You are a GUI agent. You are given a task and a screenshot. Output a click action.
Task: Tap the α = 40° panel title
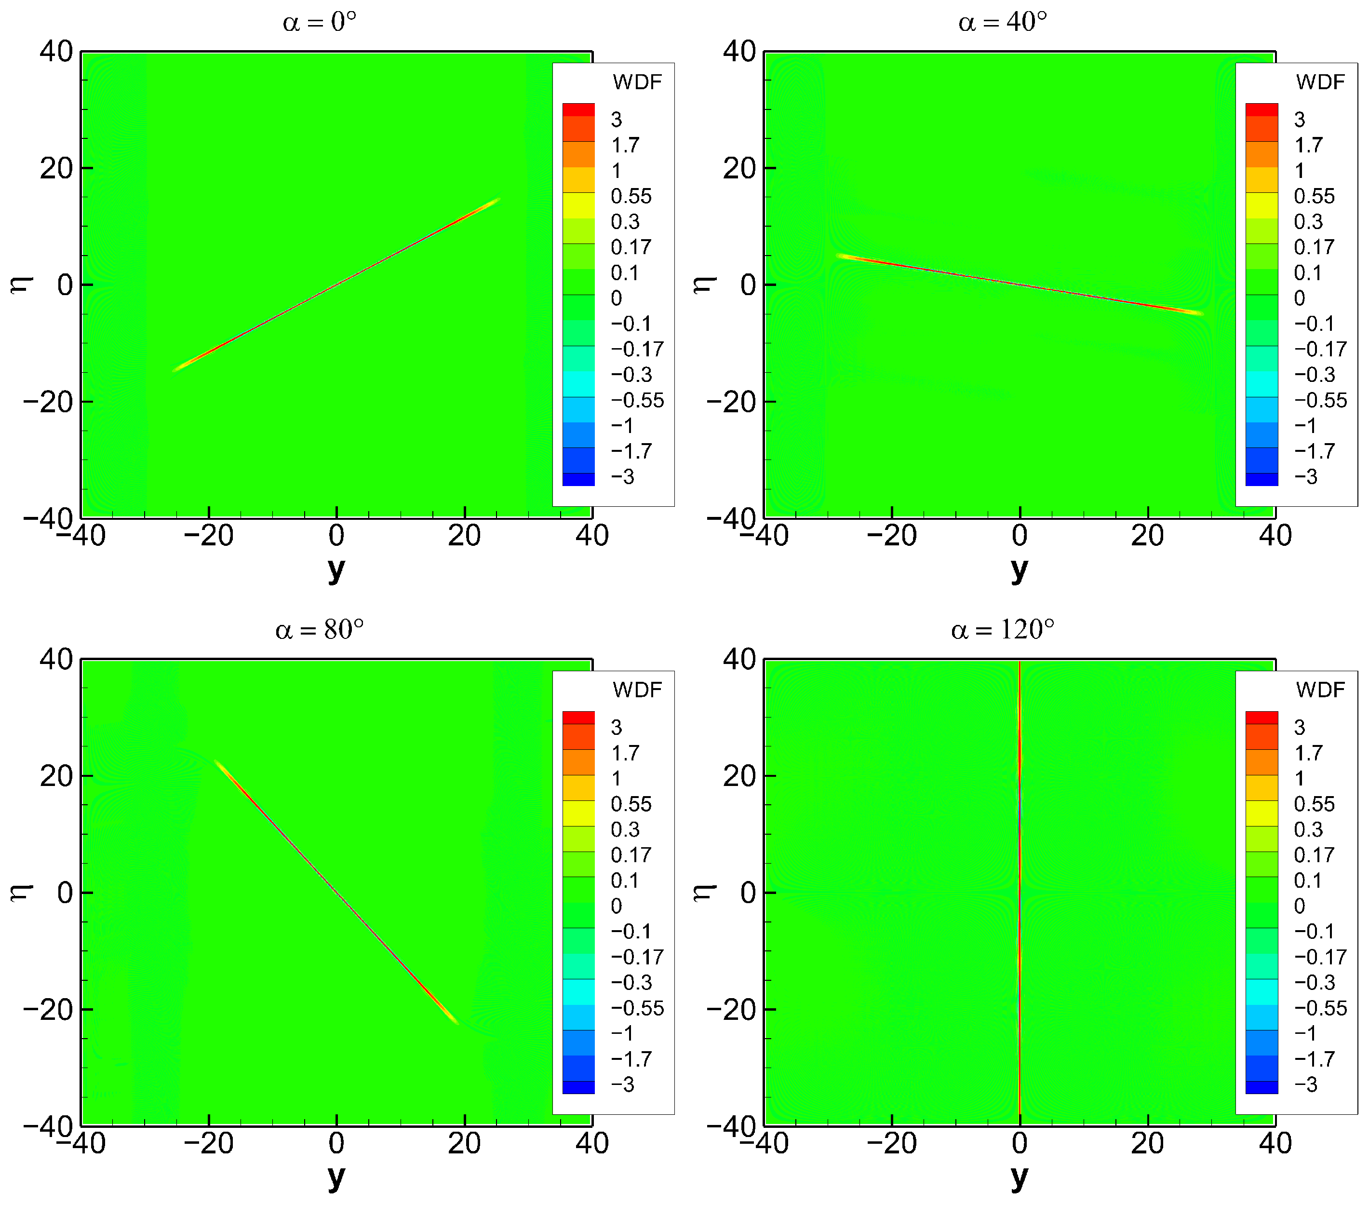[x=1002, y=23]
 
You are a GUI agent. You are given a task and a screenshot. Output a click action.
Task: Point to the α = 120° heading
[x=1002, y=630]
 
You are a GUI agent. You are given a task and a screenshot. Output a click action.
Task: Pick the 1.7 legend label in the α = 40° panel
[x=1308, y=145]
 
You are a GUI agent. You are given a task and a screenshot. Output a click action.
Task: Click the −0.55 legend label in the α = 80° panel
[x=637, y=1008]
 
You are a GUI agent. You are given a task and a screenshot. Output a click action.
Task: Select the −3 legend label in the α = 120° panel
[x=1305, y=1084]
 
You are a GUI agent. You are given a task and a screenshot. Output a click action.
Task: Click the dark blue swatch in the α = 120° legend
[x=1261, y=1088]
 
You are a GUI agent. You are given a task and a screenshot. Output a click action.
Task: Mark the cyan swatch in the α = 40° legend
[x=1261, y=384]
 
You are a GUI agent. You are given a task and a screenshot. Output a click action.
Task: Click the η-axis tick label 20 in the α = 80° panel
[x=56, y=776]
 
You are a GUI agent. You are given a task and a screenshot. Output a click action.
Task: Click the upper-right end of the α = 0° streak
[x=499, y=199]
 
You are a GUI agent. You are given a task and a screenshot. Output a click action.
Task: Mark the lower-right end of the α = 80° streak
[x=457, y=1023]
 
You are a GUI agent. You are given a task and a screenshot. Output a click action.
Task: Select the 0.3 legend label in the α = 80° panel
[x=625, y=830]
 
